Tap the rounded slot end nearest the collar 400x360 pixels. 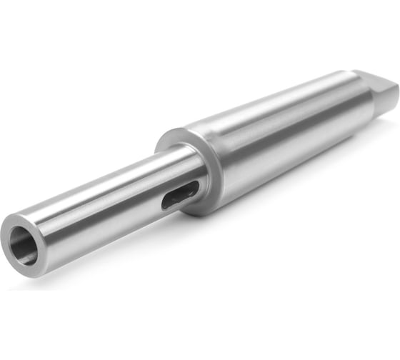click(194, 188)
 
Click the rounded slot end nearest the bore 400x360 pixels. click(166, 204)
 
